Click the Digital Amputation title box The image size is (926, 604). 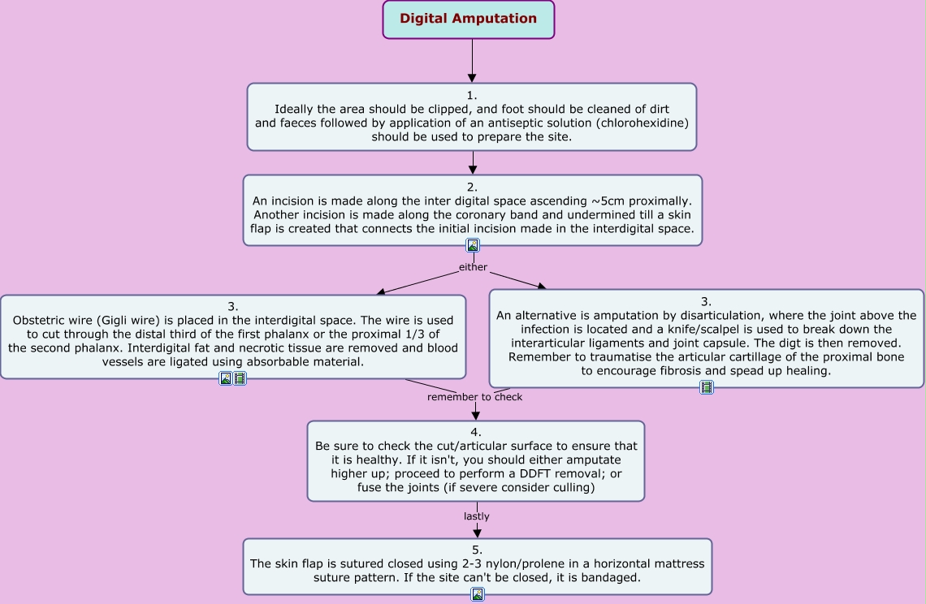tap(469, 19)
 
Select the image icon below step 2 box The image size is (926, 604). tap(473, 245)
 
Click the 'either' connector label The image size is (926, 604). tap(473, 267)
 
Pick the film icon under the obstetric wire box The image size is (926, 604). tap(240, 378)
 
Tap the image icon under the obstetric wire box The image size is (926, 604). tap(226, 378)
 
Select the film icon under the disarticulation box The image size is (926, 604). tap(707, 387)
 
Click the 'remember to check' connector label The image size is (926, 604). tap(474, 397)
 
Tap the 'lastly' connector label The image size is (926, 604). tap(477, 516)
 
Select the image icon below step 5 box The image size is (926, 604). tap(478, 594)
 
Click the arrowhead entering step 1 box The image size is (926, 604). tap(472, 77)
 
